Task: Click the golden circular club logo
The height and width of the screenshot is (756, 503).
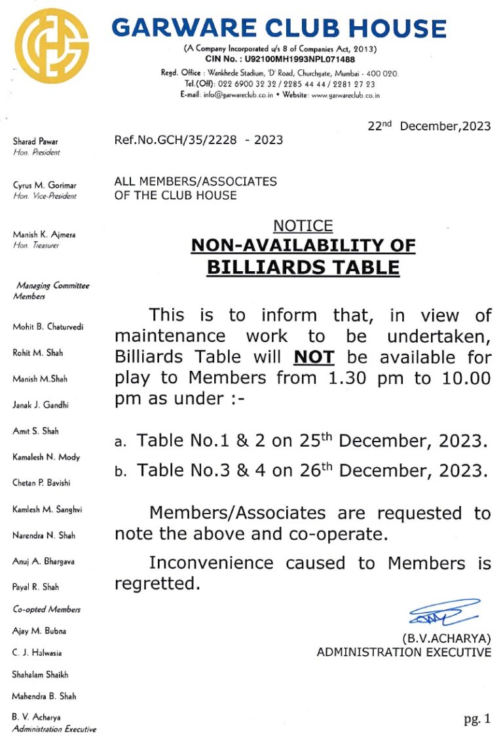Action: [x=52, y=46]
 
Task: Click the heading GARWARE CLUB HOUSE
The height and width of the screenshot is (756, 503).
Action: [x=279, y=28]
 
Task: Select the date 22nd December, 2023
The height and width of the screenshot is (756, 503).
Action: [x=429, y=126]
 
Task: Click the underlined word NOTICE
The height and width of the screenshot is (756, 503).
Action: [x=303, y=226]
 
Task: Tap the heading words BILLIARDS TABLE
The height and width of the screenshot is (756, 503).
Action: [x=303, y=267]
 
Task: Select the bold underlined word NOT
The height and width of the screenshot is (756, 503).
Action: [x=314, y=357]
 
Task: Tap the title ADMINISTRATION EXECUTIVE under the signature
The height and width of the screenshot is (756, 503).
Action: [x=403, y=652]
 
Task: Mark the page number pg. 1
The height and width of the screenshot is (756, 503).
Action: [x=477, y=719]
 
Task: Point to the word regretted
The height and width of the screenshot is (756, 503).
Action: [x=157, y=584]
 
